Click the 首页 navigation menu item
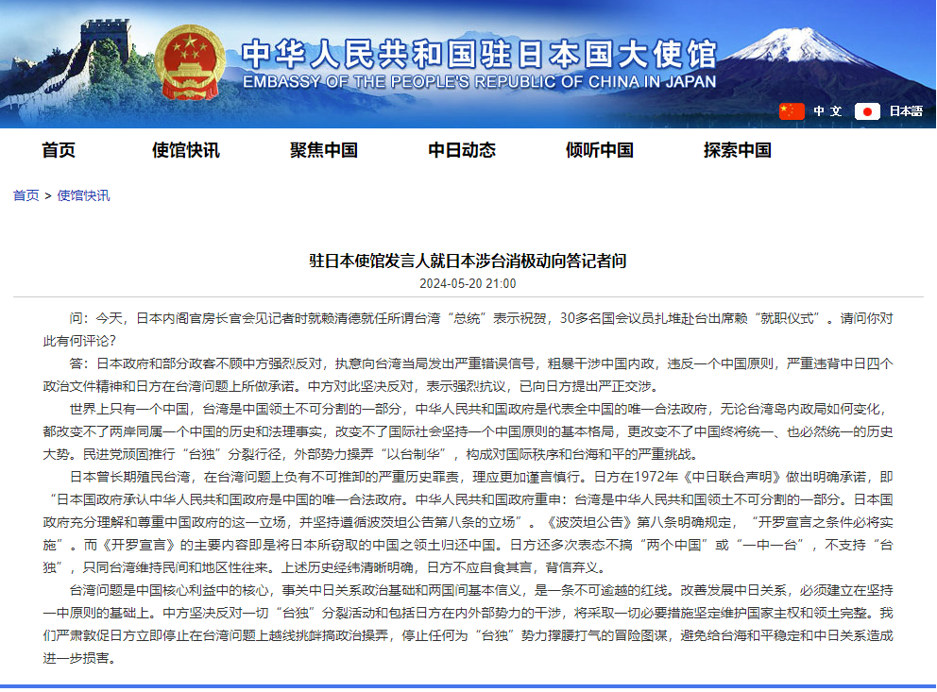(59, 150)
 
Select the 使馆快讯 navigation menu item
(186, 150)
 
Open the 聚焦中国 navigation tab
(324, 150)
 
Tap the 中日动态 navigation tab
(462, 150)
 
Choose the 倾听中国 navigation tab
(600, 150)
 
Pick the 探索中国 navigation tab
(738, 150)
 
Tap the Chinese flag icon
(792, 111)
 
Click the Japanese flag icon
(867, 111)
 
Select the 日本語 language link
(906, 111)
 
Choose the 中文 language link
(827, 111)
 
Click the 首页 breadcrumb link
(26, 195)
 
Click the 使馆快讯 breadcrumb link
(83, 195)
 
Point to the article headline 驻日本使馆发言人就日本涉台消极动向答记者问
(468, 261)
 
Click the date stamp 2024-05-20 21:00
(468, 283)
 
